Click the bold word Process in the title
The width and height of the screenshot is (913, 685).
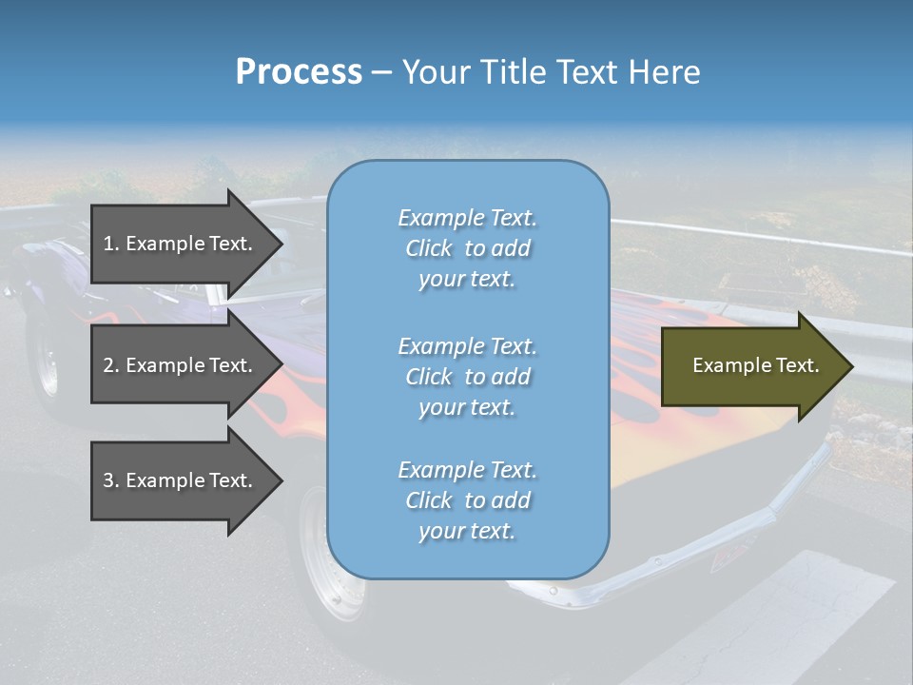299,72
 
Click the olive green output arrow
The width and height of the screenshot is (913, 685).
751,365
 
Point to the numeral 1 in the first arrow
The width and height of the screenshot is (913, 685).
108,244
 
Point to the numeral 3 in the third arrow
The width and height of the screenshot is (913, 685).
108,480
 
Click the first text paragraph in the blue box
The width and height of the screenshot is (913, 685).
467,248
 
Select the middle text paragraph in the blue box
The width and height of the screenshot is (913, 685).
467,377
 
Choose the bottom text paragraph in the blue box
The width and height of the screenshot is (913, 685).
467,500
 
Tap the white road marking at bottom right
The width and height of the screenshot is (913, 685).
780,609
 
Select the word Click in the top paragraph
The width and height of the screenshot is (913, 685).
429,248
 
